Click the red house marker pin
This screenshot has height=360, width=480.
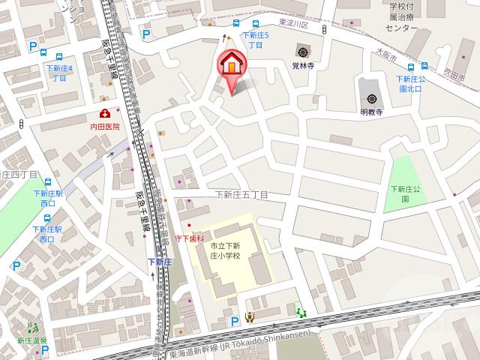232,65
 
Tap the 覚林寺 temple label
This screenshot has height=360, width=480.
302,65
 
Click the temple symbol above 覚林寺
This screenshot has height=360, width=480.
302,52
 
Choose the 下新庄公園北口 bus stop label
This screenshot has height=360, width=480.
412,82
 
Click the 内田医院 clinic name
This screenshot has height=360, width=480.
104,127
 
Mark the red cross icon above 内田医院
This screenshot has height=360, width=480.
104,114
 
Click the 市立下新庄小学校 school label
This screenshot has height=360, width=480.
225,250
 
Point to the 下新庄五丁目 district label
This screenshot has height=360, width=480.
241,195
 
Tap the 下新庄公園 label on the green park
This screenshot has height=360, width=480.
406,193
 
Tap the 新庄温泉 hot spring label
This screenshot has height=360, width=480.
31,340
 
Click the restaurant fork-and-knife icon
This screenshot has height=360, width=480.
250,318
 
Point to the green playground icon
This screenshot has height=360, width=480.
301,311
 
